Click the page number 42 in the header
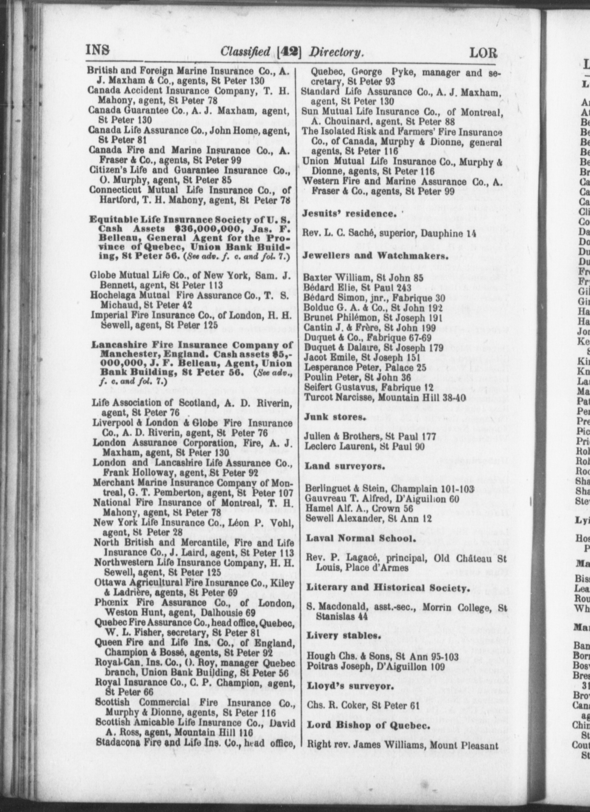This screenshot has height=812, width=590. [290, 52]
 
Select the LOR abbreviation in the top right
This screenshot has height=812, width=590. [483, 53]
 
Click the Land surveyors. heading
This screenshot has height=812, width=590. [344, 466]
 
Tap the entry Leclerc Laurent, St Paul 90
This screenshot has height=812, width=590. [364, 446]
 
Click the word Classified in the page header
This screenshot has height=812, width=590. [245, 52]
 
